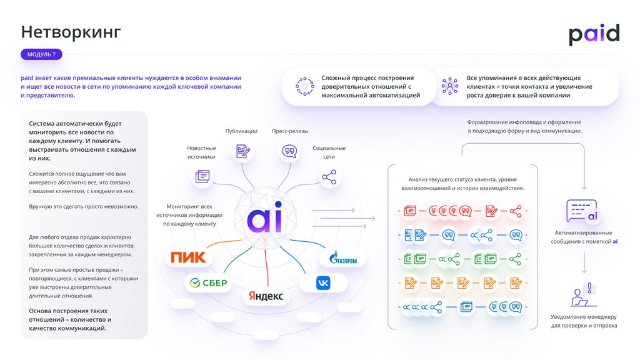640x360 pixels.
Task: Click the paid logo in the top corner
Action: (593, 34)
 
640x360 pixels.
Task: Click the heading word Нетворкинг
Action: (71, 31)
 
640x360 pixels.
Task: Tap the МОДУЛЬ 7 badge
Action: (41, 54)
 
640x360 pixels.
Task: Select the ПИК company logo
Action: (188, 257)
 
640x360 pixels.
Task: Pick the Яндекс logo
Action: (266, 296)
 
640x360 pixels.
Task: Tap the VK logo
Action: (323, 283)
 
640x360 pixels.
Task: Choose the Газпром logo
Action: (342, 257)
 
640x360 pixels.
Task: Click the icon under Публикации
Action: (243, 151)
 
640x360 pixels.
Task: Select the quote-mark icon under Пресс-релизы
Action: (289, 151)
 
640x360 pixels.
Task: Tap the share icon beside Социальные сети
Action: (329, 177)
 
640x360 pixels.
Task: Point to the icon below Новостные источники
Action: (202, 176)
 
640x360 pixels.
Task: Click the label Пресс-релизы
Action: (290, 131)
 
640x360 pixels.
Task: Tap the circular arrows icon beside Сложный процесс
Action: (305, 86)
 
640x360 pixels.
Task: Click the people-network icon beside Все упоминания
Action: (449, 86)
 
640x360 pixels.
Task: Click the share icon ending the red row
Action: (516, 211)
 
